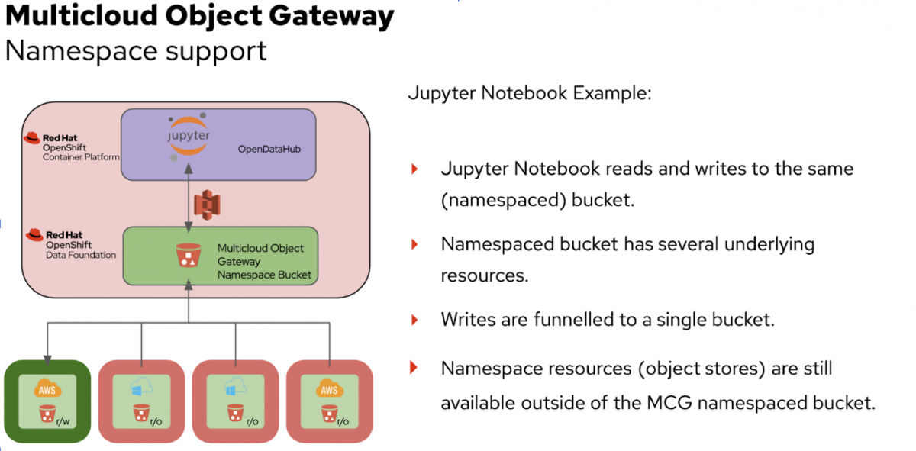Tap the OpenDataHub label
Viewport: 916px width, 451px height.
coord(269,149)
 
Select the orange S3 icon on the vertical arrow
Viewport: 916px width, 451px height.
coord(206,205)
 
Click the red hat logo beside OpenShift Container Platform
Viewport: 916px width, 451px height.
coord(32,138)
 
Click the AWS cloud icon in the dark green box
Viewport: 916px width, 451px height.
coord(47,390)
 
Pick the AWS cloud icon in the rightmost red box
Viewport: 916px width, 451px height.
coord(329,390)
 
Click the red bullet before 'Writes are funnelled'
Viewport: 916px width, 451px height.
coord(414,319)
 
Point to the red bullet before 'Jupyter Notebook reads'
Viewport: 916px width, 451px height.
coord(414,169)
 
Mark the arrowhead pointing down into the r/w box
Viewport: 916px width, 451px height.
coord(47,355)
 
